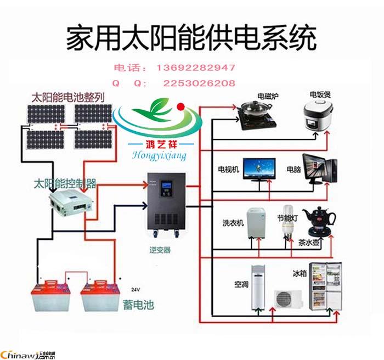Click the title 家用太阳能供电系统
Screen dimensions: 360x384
tap(191, 39)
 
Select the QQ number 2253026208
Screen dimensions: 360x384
tap(199, 83)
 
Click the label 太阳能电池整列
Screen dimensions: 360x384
tap(68, 98)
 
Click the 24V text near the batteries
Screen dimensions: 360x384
tap(136, 289)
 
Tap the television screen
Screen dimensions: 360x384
tap(260, 167)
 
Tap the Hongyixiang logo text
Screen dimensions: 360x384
tap(160, 155)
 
